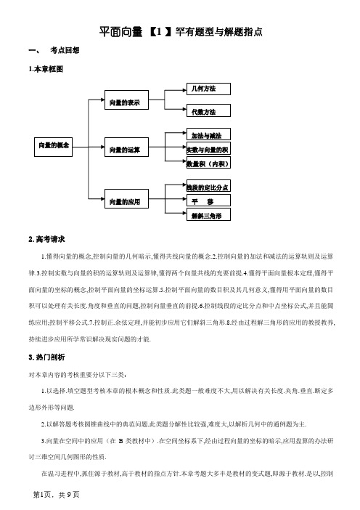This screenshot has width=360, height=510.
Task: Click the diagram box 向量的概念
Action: point(53,147)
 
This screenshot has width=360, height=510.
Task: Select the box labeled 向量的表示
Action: point(126,100)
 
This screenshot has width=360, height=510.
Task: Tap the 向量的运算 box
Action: point(126,147)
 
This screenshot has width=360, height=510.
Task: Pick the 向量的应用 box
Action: point(126,199)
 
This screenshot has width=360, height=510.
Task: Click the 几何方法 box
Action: point(208,89)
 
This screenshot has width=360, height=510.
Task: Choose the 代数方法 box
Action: point(208,110)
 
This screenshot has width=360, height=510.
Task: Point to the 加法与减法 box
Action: point(208,134)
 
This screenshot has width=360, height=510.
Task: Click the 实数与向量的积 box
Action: point(208,148)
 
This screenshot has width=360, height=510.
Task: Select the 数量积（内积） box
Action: point(208,163)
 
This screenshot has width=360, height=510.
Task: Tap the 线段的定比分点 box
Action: point(208,186)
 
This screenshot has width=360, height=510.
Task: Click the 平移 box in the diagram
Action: point(208,201)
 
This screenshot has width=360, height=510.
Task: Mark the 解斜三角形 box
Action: point(208,214)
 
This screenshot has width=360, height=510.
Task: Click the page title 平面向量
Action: point(121,32)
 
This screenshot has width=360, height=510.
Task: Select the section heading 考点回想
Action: point(65,50)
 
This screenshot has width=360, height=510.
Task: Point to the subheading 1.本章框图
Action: point(46,69)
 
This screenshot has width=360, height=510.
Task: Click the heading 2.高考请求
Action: point(46,240)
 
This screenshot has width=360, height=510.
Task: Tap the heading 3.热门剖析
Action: point(46,357)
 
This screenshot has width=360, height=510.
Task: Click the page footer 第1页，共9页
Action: point(56,495)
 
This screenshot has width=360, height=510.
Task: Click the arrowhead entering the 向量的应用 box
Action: point(102,199)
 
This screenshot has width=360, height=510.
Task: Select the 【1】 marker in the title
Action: point(160,32)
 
